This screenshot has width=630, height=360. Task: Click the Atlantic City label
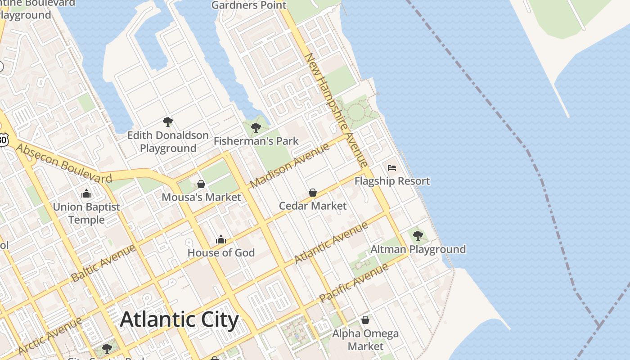pos(179,319)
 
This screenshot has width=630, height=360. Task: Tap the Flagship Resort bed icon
pos(392,168)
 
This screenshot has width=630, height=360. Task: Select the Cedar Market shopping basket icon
pos(313,193)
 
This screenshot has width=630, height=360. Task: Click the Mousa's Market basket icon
pos(201,184)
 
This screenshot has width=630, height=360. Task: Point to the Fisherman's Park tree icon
pos(256,127)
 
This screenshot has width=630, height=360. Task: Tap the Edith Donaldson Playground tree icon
pos(168,121)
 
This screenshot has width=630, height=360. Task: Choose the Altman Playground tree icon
pos(418,235)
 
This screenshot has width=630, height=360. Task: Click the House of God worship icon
pos(221,239)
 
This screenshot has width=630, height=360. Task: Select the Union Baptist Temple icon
pos(86,194)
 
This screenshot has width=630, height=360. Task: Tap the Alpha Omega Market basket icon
pos(365,320)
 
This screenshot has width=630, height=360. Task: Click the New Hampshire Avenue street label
pos(336,110)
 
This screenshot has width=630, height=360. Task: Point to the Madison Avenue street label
pos(290,165)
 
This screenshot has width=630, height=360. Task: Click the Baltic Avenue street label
pos(103,263)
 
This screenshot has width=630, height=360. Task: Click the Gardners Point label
pos(248,5)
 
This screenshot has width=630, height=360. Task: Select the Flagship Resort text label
pos(392,181)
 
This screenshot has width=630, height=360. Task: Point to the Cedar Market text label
pos(313,206)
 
